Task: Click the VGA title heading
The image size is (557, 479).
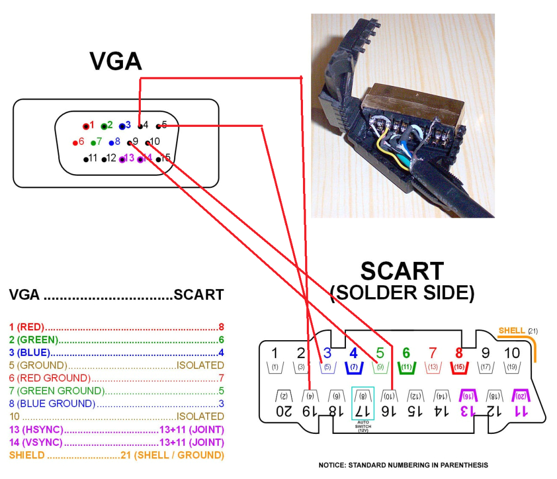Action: [x=115, y=62]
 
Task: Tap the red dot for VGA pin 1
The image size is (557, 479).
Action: [x=86, y=126]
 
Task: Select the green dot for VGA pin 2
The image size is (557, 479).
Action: [x=103, y=126]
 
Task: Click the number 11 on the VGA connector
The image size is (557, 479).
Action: [x=93, y=158]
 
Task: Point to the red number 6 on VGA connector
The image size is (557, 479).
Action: [x=81, y=142]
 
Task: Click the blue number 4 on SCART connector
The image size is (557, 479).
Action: [x=354, y=353]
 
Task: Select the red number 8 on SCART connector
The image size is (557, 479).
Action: [x=459, y=353]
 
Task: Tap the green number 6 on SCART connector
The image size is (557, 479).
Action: [x=406, y=353]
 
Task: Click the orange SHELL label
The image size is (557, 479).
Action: [x=512, y=330]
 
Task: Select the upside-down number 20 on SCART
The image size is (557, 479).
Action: [x=283, y=411]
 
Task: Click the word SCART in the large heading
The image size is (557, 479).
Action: [x=401, y=271]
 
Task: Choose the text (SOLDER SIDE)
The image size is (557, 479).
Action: [x=401, y=293]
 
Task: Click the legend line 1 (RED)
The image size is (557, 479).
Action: [x=27, y=327]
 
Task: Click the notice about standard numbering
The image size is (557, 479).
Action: [x=403, y=465]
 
